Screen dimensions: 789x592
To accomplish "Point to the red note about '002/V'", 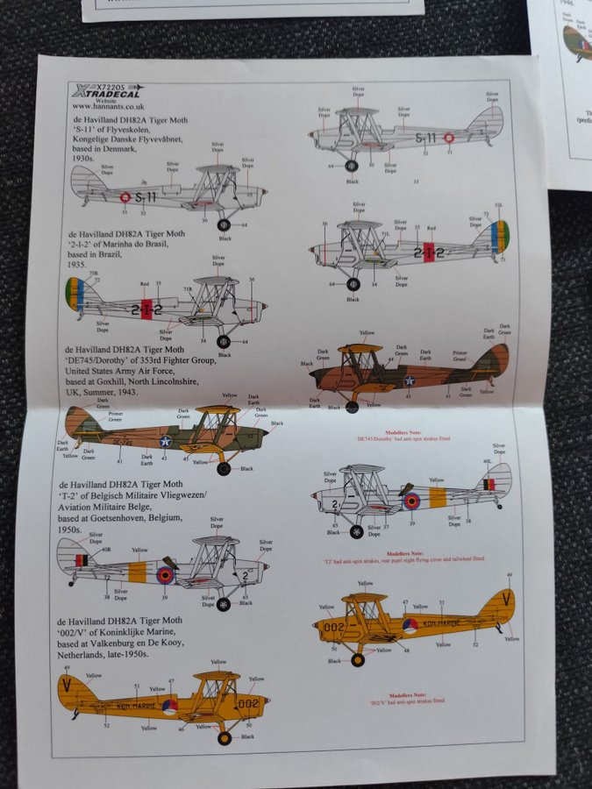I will [405, 700].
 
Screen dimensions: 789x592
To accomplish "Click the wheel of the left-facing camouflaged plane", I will [225, 469].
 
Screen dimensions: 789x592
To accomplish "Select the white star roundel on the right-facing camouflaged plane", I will [409, 380].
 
